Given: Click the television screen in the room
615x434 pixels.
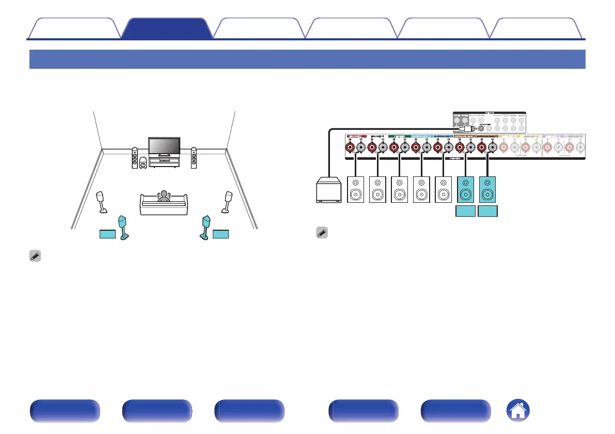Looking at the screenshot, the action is pyautogui.click(x=164, y=146).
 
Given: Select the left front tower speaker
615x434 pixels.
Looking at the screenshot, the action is pyautogui.click(x=135, y=158).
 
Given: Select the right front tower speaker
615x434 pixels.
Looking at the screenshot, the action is pyautogui.click(x=194, y=158).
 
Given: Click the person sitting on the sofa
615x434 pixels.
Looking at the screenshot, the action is pyautogui.click(x=164, y=196).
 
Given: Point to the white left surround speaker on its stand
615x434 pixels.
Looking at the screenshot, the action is pyautogui.click(x=102, y=202).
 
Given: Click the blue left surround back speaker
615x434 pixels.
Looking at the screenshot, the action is pyautogui.click(x=123, y=227).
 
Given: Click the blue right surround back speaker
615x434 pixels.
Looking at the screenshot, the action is pyautogui.click(x=205, y=227).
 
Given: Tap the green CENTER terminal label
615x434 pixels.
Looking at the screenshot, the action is pyautogui.click(x=399, y=137).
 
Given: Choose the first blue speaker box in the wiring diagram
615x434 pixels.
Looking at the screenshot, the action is pyautogui.click(x=466, y=189).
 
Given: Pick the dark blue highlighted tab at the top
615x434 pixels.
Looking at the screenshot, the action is pyautogui.click(x=166, y=28).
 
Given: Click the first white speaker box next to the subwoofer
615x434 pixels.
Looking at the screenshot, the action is pyautogui.click(x=357, y=189).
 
